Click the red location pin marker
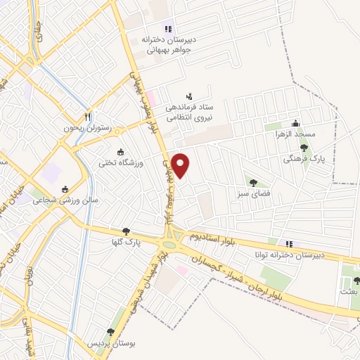(x=181, y=166)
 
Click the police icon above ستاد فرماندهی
(x=188, y=96)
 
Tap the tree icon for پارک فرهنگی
(x=304, y=148)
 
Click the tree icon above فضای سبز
(x=253, y=182)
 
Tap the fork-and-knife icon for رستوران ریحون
(x=87, y=117)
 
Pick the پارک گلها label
(x=129, y=241)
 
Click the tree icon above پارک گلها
(x=127, y=230)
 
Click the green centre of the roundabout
(x=169, y=245)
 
